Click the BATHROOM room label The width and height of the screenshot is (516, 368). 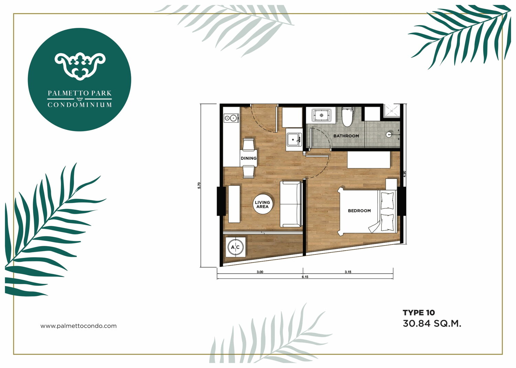point(346,136)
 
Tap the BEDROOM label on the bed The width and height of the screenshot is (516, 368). point(359,211)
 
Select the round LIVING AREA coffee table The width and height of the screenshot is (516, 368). point(262,204)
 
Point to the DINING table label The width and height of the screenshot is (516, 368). point(249,158)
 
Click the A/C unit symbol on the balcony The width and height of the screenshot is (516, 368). point(235,247)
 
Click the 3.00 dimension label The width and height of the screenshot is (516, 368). point(260,272)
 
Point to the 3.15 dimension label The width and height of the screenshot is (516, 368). point(348,272)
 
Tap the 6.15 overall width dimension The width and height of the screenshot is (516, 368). point(305,277)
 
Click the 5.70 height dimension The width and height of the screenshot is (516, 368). point(199,186)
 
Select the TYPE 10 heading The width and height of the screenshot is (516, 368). point(419,313)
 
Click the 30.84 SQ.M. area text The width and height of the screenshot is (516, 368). point(432,324)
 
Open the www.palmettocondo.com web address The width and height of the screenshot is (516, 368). point(78,326)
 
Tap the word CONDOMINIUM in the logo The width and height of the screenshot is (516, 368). point(80,105)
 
